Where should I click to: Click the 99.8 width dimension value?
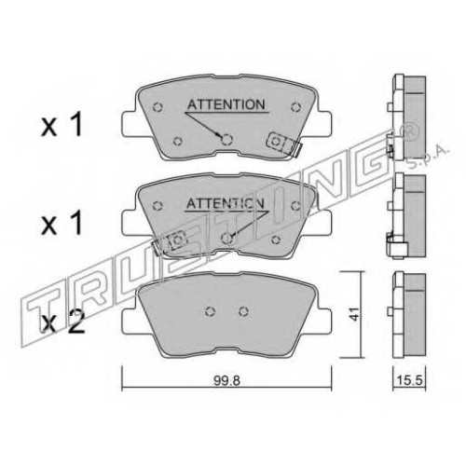[226, 380]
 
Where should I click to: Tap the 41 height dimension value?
[354, 314]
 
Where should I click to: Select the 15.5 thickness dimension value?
[409, 380]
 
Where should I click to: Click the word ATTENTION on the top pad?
[226, 104]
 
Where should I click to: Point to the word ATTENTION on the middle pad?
[226, 203]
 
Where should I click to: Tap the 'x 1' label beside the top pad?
[62, 125]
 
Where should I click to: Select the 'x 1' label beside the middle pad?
[62, 223]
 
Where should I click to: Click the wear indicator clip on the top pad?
[283, 144]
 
